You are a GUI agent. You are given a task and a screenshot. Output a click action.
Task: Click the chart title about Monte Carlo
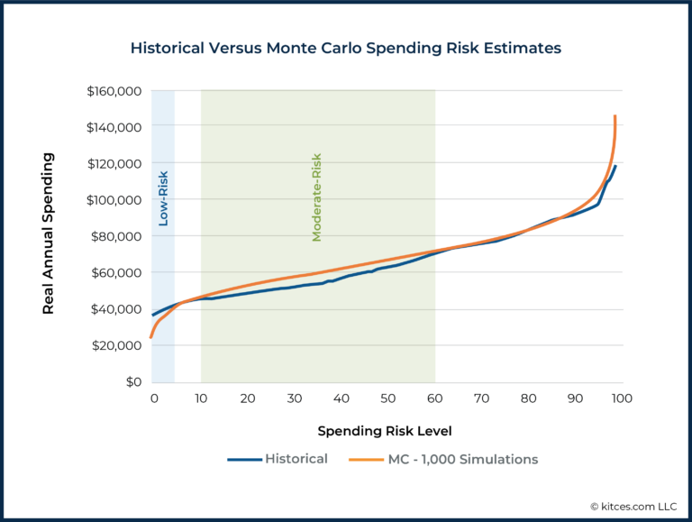pos(345,47)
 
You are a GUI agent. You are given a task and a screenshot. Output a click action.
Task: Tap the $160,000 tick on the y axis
pos(114,91)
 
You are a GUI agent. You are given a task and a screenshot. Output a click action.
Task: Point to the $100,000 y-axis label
pos(114,200)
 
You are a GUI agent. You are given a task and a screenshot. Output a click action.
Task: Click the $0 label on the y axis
pos(132,381)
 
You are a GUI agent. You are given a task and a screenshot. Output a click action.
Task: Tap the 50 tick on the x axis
pos(387,398)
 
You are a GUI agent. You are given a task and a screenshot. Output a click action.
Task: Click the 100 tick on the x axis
pos(621,398)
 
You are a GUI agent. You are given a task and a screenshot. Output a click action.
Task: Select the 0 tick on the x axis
pos(153,398)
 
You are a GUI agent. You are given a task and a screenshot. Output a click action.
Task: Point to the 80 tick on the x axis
pos(528,398)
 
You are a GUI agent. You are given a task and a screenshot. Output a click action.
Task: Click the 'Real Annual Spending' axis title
pos(50,234)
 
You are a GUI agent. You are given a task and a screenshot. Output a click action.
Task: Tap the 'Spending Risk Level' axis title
pos(385,430)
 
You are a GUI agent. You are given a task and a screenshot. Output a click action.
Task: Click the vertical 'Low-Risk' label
pos(163,197)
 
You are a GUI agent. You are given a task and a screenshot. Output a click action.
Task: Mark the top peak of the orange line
pos(615,116)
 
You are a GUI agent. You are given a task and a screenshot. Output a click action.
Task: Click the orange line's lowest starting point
pos(150,337)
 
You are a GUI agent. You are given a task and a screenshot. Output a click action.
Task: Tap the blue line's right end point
pos(615,166)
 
